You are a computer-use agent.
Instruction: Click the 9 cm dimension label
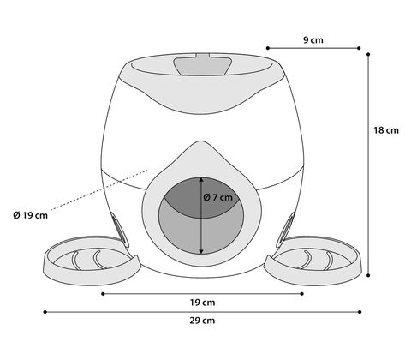[x=313, y=40]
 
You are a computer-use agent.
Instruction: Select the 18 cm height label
[x=386, y=130]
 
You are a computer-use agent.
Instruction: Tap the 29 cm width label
[x=202, y=321]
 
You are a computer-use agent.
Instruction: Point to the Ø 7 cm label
[x=217, y=197]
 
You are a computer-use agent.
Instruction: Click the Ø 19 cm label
[x=31, y=215]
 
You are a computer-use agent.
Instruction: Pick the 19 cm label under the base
[x=202, y=303]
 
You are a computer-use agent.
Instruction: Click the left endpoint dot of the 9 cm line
[x=268, y=48]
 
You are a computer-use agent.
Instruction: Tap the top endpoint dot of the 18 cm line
[x=368, y=54]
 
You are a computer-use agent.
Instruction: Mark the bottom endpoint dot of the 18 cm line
[x=368, y=275]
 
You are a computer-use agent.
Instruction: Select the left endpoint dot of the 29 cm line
[x=45, y=312]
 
